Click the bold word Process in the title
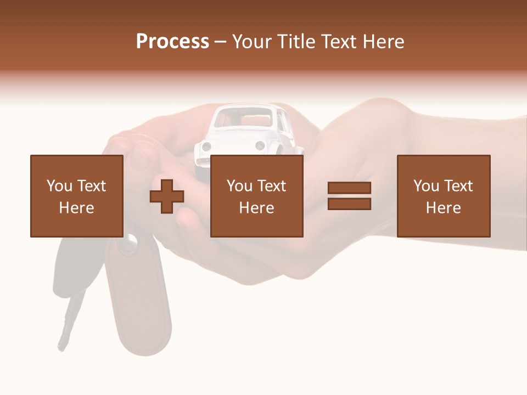pyautogui.click(x=172, y=42)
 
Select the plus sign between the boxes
pyautogui.click(x=167, y=196)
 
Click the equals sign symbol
pyautogui.click(x=349, y=196)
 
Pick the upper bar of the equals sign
pyautogui.click(x=349, y=188)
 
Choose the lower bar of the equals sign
pyautogui.click(x=349, y=204)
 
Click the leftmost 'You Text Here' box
pyautogui.click(x=77, y=196)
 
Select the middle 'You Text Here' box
pyautogui.click(x=256, y=196)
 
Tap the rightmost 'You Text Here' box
pyautogui.click(x=443, y=196)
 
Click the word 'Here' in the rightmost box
pyautogui.click(x=443, y=208)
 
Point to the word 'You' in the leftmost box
pyautogui.click(x=59, y=186)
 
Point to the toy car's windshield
pyautogui.click(x=244, y=118)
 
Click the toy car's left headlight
pyautogui.click(x=206, y=146)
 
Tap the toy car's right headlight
pyautogui.click(x=260, y=145)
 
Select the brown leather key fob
pyautogui.click(x=140, y=307)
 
